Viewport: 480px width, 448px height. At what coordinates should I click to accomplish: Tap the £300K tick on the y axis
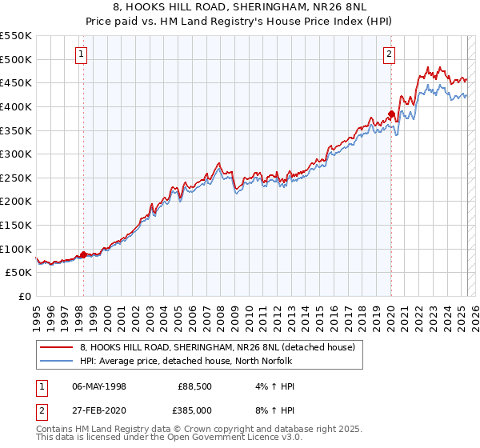coord(15,154)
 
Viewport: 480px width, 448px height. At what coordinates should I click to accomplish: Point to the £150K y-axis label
coord(15,225)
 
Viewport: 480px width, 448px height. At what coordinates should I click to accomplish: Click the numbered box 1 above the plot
coord(82,54)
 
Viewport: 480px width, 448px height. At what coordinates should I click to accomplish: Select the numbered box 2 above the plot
coord(389,54)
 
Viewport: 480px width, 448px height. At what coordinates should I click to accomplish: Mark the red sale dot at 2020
coord(391,114)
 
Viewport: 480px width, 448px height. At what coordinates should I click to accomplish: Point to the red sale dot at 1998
coord(83,254)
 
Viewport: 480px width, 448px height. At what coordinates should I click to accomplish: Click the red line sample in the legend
coord(58,347)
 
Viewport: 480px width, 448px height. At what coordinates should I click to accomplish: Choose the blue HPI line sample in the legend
coord(58,362)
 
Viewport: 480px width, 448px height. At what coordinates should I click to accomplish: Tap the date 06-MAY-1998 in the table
coord(99,387)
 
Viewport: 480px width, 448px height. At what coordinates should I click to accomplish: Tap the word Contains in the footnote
coord(55,430)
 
